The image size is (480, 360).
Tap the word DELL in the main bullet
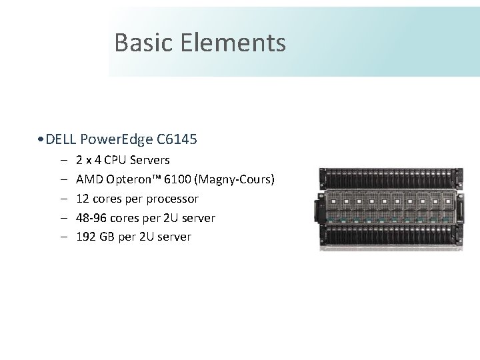[x=61, y=139]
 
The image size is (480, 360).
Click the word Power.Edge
[x=116, y=139]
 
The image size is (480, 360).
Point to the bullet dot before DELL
[x=42, y=140]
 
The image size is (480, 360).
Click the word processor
[x=173, y=199]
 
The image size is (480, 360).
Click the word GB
[x=108, y=237]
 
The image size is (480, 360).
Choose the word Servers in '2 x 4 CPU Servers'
[x=151, y=160]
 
